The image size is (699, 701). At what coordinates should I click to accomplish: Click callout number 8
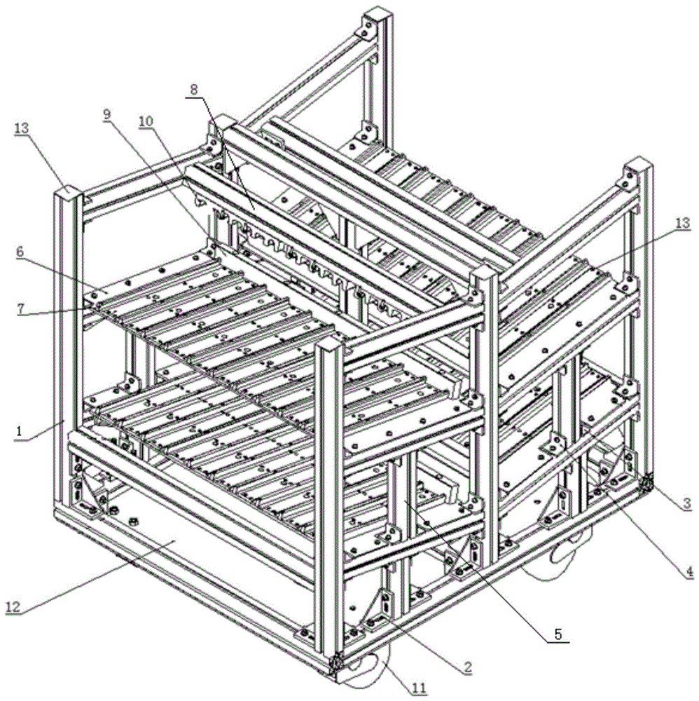point(193,90)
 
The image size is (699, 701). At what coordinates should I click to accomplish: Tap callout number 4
point(688,570)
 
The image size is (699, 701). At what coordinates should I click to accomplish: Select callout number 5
point(558,634)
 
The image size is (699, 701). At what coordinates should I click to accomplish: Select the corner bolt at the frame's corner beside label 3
point(646,483)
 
